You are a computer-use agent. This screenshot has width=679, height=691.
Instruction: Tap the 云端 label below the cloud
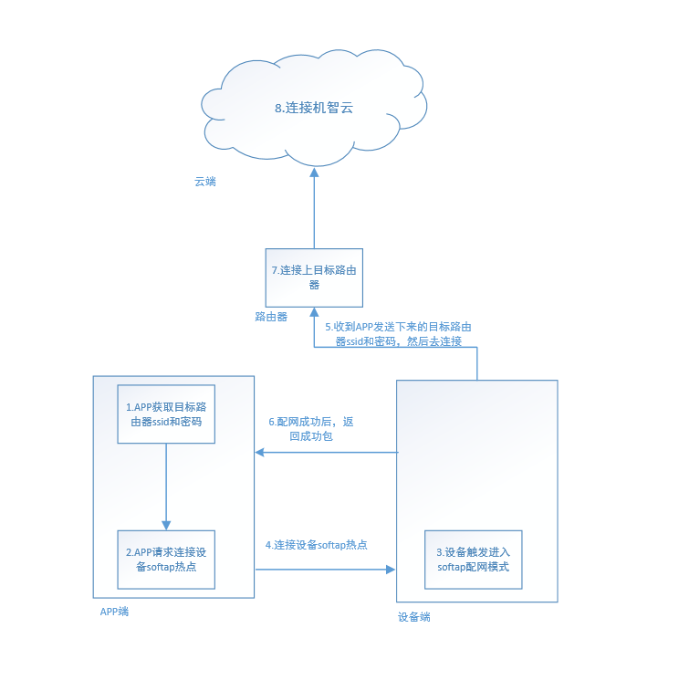[x=205, y=182]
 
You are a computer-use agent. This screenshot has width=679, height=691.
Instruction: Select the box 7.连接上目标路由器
[x=314, y=277]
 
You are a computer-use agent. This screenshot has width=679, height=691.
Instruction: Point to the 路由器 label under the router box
[x=271, y=317]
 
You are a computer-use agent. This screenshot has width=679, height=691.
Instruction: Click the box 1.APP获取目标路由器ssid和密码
[x=165, y=414]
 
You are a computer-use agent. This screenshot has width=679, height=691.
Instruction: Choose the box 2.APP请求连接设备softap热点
[x=165, y=560]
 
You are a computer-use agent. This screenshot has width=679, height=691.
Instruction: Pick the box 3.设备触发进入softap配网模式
[x=473, y=560]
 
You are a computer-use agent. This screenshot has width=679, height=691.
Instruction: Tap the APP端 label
[x=114, y=612]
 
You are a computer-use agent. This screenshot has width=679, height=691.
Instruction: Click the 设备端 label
[x=413, y=617]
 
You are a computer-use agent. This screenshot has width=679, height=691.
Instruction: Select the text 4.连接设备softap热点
[x=316, y=545]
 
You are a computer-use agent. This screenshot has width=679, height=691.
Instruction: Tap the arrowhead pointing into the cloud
[x=314, y=172]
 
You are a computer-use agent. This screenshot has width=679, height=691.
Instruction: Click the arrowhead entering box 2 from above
[x=166, y=525]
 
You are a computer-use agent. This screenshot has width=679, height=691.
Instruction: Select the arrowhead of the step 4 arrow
[x=392, y=570]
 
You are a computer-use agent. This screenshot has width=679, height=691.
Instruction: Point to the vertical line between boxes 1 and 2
[x=166, y=484]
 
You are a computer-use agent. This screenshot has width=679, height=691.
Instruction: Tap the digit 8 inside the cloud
[x=278, y=108]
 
